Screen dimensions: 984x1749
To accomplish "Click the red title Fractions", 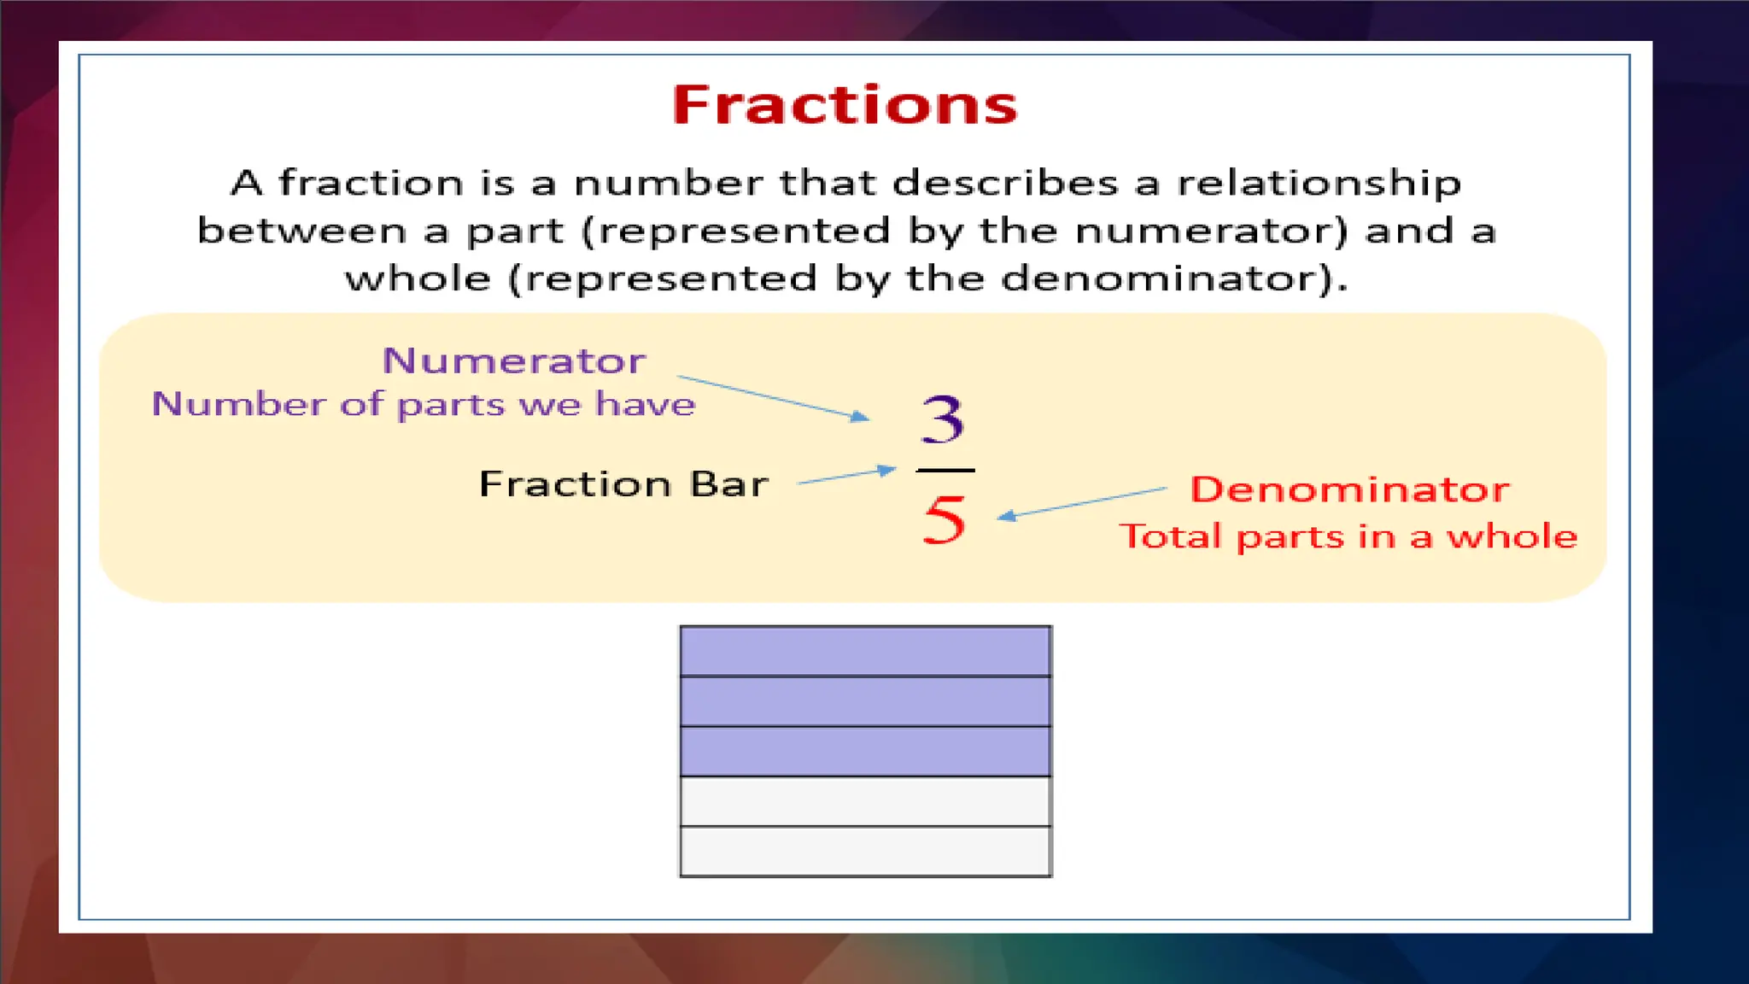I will click(x=844, y=105).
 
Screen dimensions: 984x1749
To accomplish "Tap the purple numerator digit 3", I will click(x=943, y=419).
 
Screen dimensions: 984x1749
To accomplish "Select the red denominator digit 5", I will click(x=944, y=519).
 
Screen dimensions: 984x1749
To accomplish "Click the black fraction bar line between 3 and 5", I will click(x=945, y=470).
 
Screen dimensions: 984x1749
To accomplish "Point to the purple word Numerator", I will click(x=513, y=360).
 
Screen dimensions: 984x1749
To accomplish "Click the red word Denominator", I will click(x=1349, y=489).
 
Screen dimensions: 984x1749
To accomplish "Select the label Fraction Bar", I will click(x=623, y=484).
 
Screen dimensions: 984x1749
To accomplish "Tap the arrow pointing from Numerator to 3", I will click(x=773, y=397).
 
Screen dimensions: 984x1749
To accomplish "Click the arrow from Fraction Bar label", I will click(x=845, y=476).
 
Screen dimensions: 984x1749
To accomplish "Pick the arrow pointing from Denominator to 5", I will click(x=1081, y=502).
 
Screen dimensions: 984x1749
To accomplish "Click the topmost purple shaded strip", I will click(x=865, y=651).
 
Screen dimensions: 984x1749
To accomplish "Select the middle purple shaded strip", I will click(x=865, y=701).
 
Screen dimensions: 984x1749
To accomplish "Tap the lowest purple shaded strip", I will click(x=865, y=752).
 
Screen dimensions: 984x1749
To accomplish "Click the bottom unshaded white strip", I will click(x=865, y=852).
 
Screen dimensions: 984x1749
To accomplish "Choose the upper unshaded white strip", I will click(x=865, y=801).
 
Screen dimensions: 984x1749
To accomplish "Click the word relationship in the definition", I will click(x=1319, y=184).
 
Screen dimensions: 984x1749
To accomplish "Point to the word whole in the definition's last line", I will click(x=418, y=278).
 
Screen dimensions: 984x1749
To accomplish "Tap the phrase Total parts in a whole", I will click(x=1348, y=536).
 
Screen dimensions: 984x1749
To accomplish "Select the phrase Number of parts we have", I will click(x=424, y=404).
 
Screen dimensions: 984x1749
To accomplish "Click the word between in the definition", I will click(x=301, y=231).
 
